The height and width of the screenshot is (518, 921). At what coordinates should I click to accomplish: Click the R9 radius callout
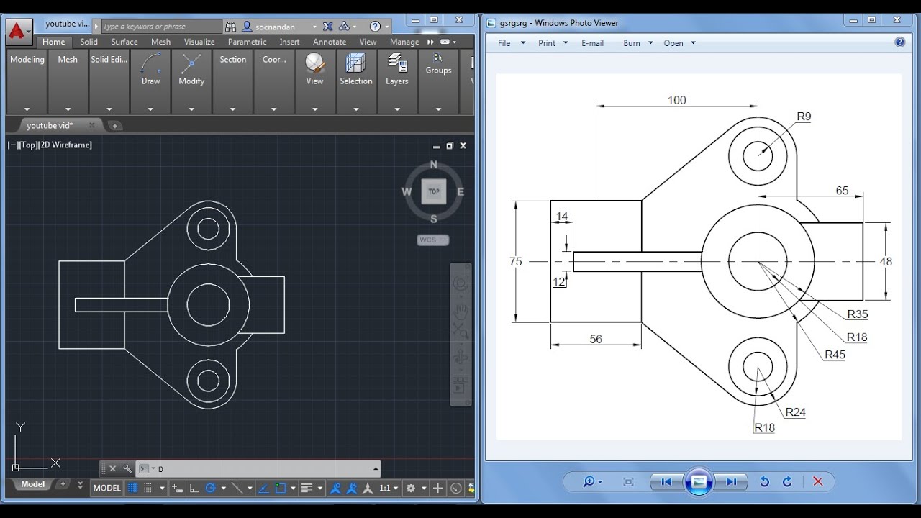804,117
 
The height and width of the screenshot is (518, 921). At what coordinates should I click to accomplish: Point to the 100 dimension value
676,100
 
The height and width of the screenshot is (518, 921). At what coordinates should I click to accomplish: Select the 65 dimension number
842,191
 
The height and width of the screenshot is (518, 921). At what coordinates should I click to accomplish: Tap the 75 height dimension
515,261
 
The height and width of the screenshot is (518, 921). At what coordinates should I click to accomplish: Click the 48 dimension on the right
886,261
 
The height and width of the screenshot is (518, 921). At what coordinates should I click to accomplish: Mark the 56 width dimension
596,339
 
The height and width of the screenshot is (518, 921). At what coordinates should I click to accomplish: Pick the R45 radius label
835,355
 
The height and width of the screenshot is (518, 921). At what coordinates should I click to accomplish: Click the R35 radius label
857,314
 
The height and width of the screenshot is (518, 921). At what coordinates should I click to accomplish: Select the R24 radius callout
795,412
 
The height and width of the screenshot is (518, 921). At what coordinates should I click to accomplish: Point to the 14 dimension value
561,217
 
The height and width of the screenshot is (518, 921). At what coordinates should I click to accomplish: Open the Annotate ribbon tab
330,42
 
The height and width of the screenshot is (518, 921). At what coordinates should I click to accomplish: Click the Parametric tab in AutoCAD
247,42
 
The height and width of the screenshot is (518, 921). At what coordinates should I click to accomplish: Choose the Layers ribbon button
396,70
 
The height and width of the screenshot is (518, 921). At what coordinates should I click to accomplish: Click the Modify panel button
191,70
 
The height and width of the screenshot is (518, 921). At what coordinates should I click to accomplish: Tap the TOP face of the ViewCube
433,191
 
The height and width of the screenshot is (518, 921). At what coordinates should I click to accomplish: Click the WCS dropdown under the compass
432,240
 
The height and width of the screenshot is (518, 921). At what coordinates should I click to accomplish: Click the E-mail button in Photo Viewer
592,43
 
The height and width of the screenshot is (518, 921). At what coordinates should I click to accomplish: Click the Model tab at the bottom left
32,484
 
